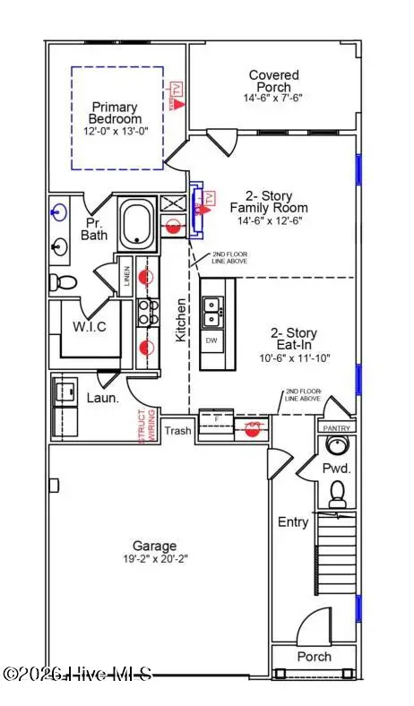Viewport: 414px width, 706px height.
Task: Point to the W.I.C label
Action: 89,327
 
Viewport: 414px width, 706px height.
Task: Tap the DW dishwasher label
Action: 212,341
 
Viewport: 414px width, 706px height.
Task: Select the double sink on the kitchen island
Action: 213,312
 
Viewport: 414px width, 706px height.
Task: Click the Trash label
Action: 177,431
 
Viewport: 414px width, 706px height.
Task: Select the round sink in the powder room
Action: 338,447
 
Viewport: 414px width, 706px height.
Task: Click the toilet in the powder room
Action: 338,493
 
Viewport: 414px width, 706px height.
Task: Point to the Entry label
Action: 293,521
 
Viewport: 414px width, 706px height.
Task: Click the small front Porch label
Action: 314,657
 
